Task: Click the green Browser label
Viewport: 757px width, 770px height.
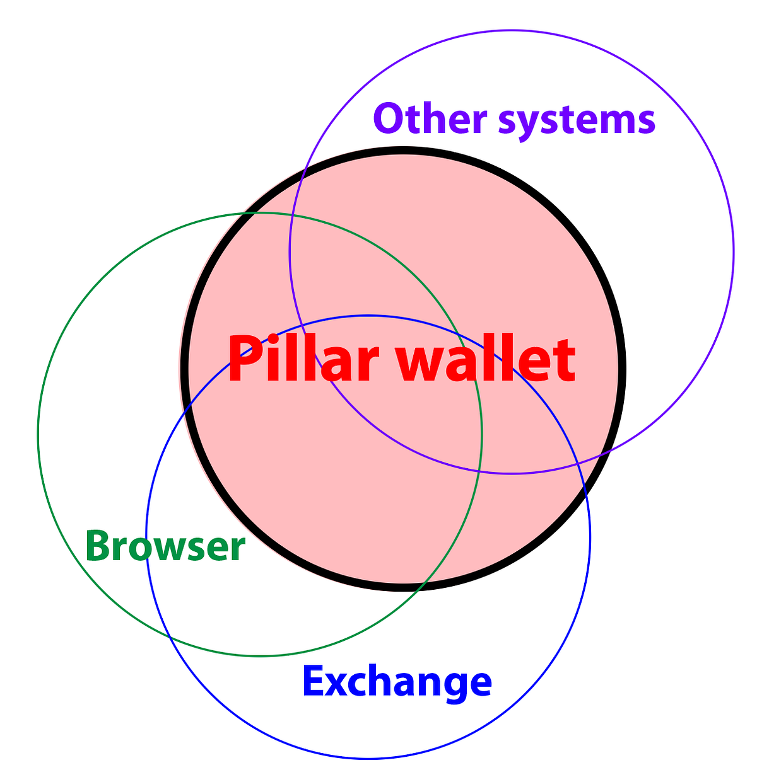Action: pyautogui.click(x=165, y=546)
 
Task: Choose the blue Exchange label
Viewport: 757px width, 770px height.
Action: pyautogui.click(x=397, y=681)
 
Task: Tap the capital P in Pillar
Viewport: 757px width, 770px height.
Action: pyautogui.click(x=244, y=359)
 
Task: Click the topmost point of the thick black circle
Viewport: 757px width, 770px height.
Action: pyautogui.click(x=402, y=150)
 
